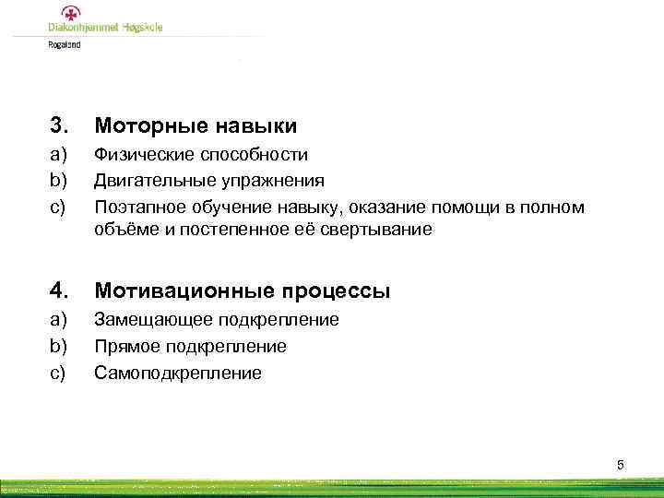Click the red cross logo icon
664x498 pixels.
pos(70,13)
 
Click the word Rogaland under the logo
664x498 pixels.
pos(65,43)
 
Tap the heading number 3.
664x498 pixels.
pos(59,125)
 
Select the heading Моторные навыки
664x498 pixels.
pos(196,125)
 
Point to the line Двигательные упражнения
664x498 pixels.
pos(208,181)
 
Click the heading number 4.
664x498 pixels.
pos(59,291)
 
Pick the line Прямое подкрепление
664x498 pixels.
pos(190,347)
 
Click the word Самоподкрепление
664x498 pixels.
pos(177,373)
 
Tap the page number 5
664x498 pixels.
pos(620,465)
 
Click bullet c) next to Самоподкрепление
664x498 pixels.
pos(59,373)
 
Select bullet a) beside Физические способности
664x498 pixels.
pos(59,155)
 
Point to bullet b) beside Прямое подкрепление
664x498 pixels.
pos(59,347)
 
